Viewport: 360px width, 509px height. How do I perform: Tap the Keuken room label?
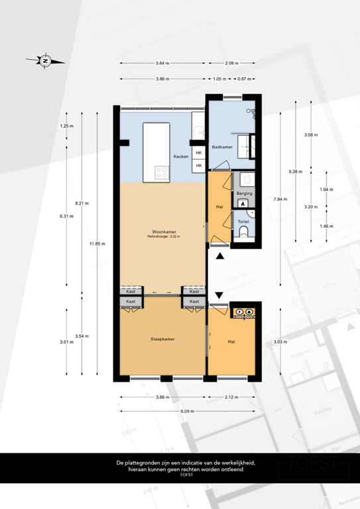pos(179,156)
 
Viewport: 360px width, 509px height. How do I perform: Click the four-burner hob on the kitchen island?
pos(161,173)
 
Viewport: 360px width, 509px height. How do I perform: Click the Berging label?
pos(244,193)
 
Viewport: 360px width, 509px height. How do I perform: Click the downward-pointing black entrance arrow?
pos(219,295)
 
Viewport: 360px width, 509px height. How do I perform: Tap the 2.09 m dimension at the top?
pos(231,63)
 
